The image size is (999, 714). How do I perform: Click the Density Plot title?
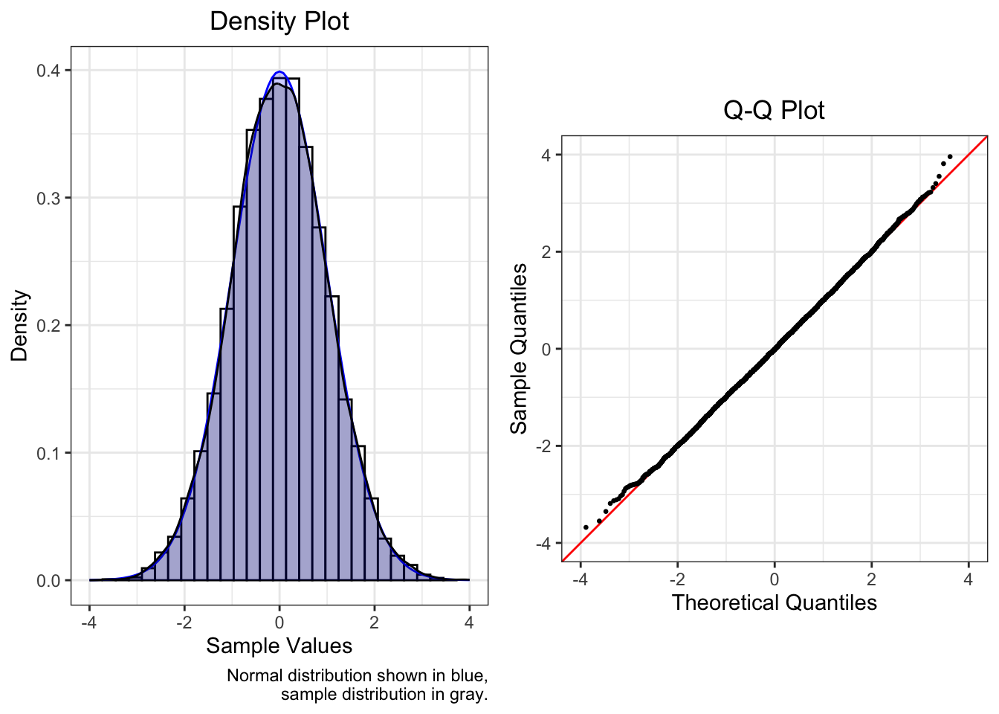[279, 22]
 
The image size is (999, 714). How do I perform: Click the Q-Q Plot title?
[774, 111]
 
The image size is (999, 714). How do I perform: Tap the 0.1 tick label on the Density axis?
[49, 453]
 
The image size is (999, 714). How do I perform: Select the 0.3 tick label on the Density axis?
[49, 198]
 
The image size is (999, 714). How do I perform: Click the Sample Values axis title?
[279, 646]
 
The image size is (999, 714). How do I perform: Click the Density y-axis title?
[19, 326]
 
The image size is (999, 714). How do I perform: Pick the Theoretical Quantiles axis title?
[774, 602]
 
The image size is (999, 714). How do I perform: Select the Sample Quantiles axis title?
[518, 348]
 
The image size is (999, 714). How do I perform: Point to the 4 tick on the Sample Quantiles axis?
[546, 155]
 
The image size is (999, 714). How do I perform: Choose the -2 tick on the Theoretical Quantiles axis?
[677, 579]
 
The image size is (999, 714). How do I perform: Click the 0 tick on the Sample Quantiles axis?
[546, 349]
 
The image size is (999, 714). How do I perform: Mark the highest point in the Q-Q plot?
[950, 157]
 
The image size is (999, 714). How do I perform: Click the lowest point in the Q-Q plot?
[586, 527]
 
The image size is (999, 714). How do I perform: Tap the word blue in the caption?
[468, 675]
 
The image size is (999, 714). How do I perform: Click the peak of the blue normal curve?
[279, 72]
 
